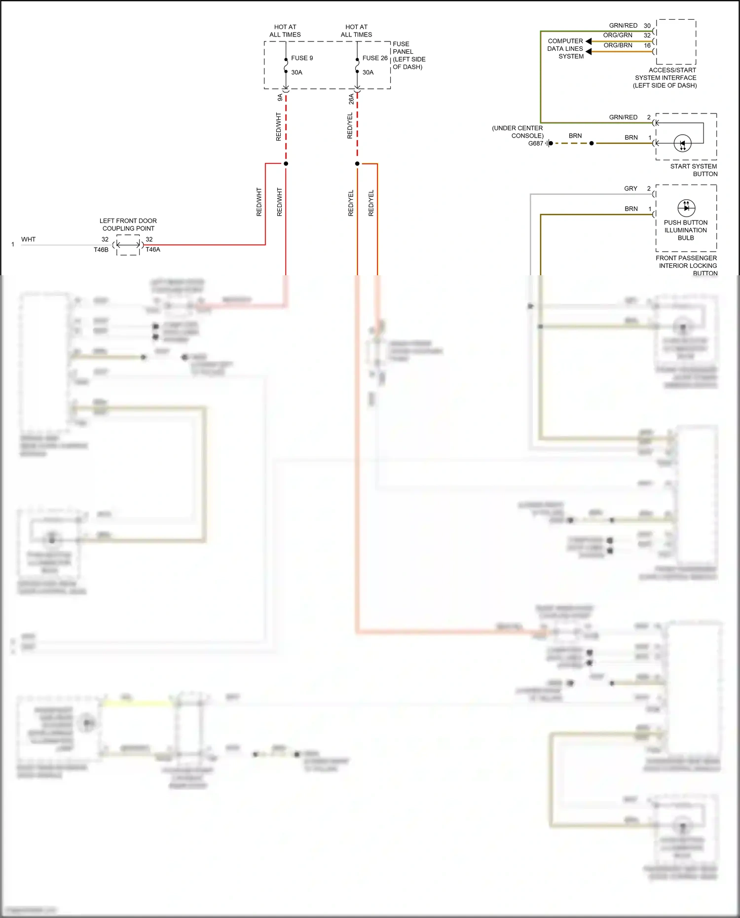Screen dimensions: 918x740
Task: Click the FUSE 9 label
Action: click(301, 58)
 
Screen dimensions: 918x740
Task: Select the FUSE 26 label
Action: click(374, 58)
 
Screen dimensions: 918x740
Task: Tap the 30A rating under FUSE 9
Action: click(296, 73)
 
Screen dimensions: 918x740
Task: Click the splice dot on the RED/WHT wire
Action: click(286, 163)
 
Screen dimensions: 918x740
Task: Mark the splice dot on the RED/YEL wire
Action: click(357, 163)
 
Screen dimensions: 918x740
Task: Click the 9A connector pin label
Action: click(280, 98)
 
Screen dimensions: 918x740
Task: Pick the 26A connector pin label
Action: click(351, 99)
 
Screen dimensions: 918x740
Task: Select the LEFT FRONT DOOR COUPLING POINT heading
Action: click(128, 224)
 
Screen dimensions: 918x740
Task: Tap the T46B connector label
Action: click(101, 250)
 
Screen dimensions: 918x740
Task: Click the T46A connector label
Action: click(153, 250)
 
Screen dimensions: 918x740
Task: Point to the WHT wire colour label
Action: click(29, 239)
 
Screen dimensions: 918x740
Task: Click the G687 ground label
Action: click(535, 144)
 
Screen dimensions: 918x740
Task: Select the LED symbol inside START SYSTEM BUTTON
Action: click(682, 144)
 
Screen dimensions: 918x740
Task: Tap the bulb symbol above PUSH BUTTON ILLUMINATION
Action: click(686, 208)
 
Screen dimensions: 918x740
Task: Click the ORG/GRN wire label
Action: click(618, 36)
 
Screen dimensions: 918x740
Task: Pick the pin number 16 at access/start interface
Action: click(647, 45)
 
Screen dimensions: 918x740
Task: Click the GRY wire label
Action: click(630, 188)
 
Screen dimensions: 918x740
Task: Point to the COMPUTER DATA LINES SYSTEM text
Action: click(565, 49)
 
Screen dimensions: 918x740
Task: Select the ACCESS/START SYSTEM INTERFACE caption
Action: click(666, 78)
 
